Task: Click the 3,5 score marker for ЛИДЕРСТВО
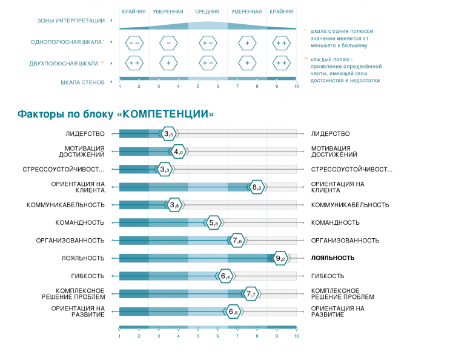[169, 134]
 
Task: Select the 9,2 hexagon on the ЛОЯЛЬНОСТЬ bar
[280, 258]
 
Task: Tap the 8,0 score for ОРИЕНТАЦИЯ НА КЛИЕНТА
[257, 187]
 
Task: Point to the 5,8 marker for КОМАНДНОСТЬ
[213, 223]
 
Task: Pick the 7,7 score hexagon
[251, 294]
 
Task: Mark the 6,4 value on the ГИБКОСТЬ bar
[225, 276]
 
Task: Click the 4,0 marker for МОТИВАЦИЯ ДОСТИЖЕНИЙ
[178, 152]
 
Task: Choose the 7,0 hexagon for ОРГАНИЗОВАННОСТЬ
[237, 241]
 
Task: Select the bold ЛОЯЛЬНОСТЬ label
[333, 258]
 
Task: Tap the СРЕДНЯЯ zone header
[207, 12]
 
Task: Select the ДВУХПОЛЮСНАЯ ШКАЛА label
[64, 63]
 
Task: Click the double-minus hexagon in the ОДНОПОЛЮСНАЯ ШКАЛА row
[134, 43]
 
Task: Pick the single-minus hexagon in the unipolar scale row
[168, 43]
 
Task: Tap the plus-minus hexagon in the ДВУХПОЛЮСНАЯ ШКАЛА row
[207, 63]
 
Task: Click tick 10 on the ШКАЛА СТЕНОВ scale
[296, 86]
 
